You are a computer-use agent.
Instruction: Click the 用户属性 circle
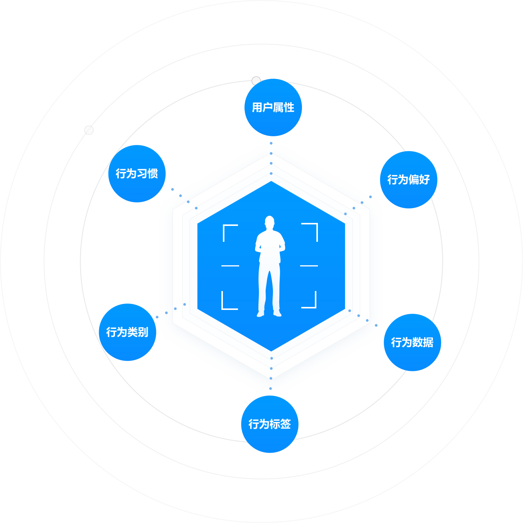coord(273,107)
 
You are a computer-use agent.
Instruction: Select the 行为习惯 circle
coord(137,174)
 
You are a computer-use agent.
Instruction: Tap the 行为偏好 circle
coord(409,180)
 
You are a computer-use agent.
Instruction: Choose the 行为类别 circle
coord(128,332)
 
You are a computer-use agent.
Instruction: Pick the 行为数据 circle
coord(412,342)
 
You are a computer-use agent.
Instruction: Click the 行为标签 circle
coord(270,424)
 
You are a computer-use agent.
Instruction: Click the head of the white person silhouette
coord(269,221)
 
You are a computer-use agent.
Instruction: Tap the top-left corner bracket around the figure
coord(227,229)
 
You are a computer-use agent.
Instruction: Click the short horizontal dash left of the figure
coord(230,266)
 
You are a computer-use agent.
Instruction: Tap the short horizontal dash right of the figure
coord(309,266)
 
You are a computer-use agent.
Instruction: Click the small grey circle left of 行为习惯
coord(89,130)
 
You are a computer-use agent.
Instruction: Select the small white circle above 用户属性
coord(256,81)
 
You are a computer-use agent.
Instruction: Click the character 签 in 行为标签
coord(285,424)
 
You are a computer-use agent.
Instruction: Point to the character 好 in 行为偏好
coord(424,180)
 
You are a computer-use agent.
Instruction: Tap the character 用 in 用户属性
coord(257,107)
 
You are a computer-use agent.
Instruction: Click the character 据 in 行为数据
coord(428,342)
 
